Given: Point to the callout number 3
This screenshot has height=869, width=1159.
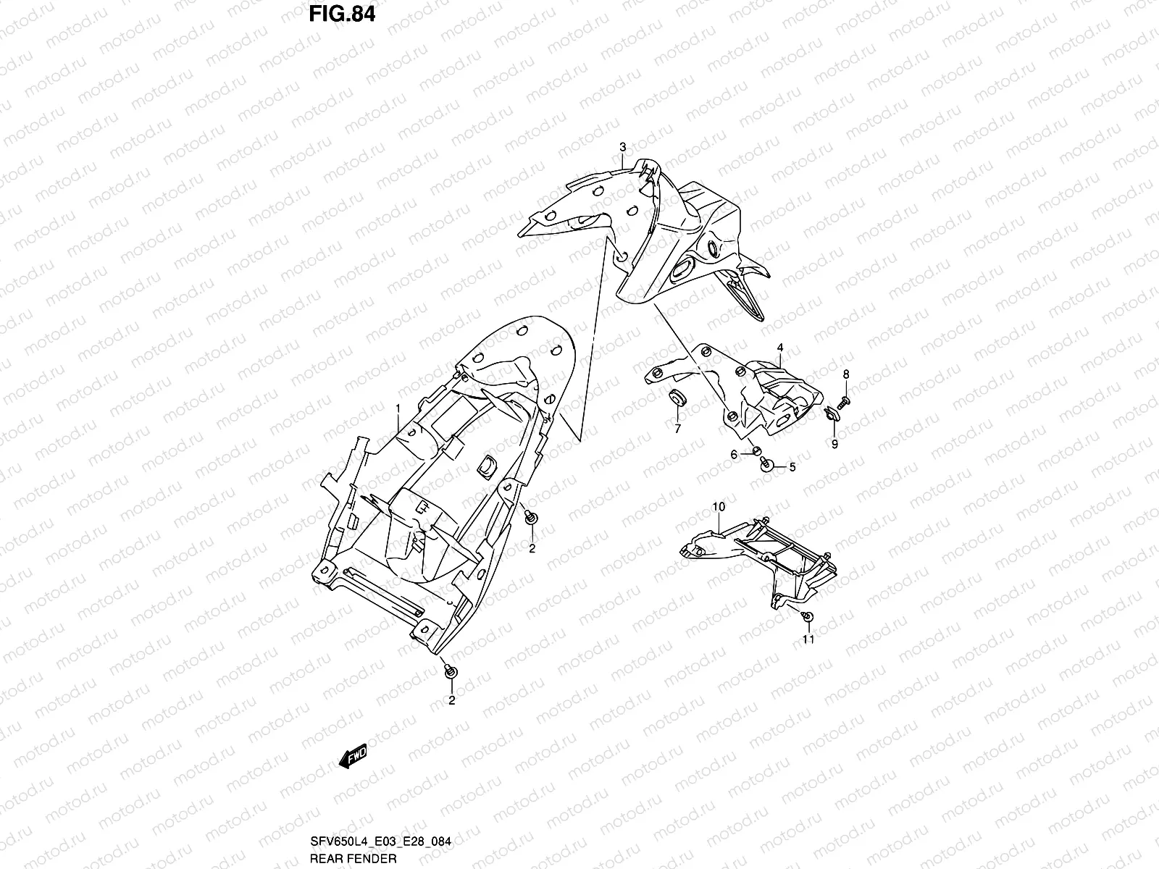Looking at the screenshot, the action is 622,148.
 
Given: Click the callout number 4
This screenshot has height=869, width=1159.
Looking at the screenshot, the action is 779,348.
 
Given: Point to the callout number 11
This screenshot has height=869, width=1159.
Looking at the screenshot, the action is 808,639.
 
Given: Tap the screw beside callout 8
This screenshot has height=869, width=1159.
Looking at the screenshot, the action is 844,400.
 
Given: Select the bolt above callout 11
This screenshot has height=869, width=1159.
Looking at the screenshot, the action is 808,616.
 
